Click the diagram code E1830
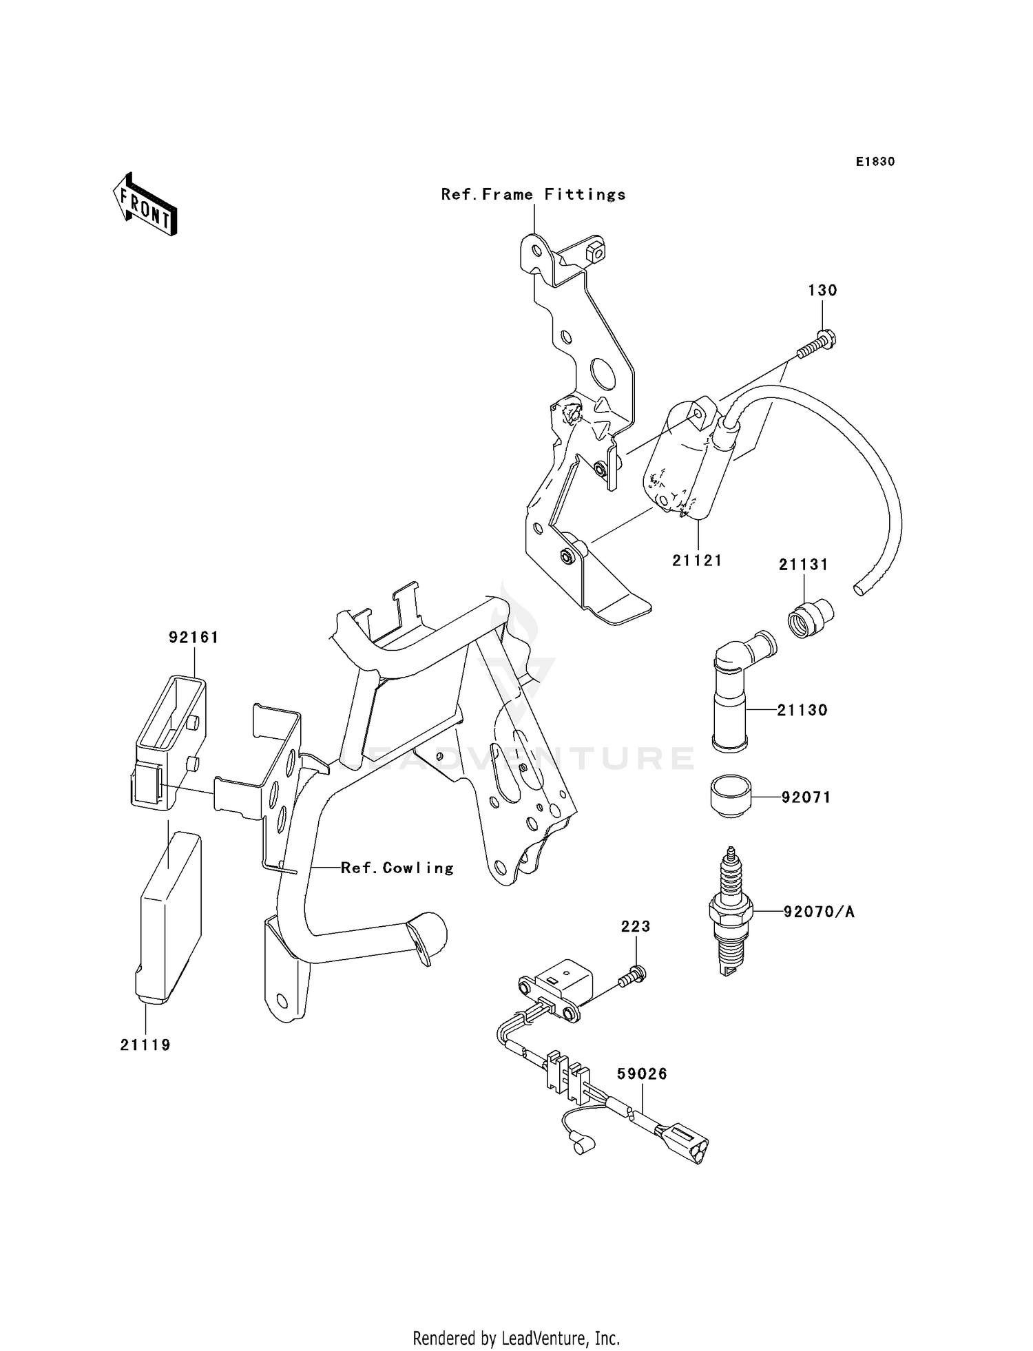click(x=875, y=162)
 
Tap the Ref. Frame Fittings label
click(x=534, y=195)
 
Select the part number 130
click(x=822, y=291)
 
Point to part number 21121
click(x=697, y=561)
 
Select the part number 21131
click(x=803, y=565)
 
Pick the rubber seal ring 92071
click(x=731, y=797)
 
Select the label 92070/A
click(x=818, y=912)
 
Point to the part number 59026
click(x=642, y=1074)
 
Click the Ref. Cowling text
click(x=397, y=868)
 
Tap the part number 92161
click(x=194, y=638)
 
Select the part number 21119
click(x=145, y=1045)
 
